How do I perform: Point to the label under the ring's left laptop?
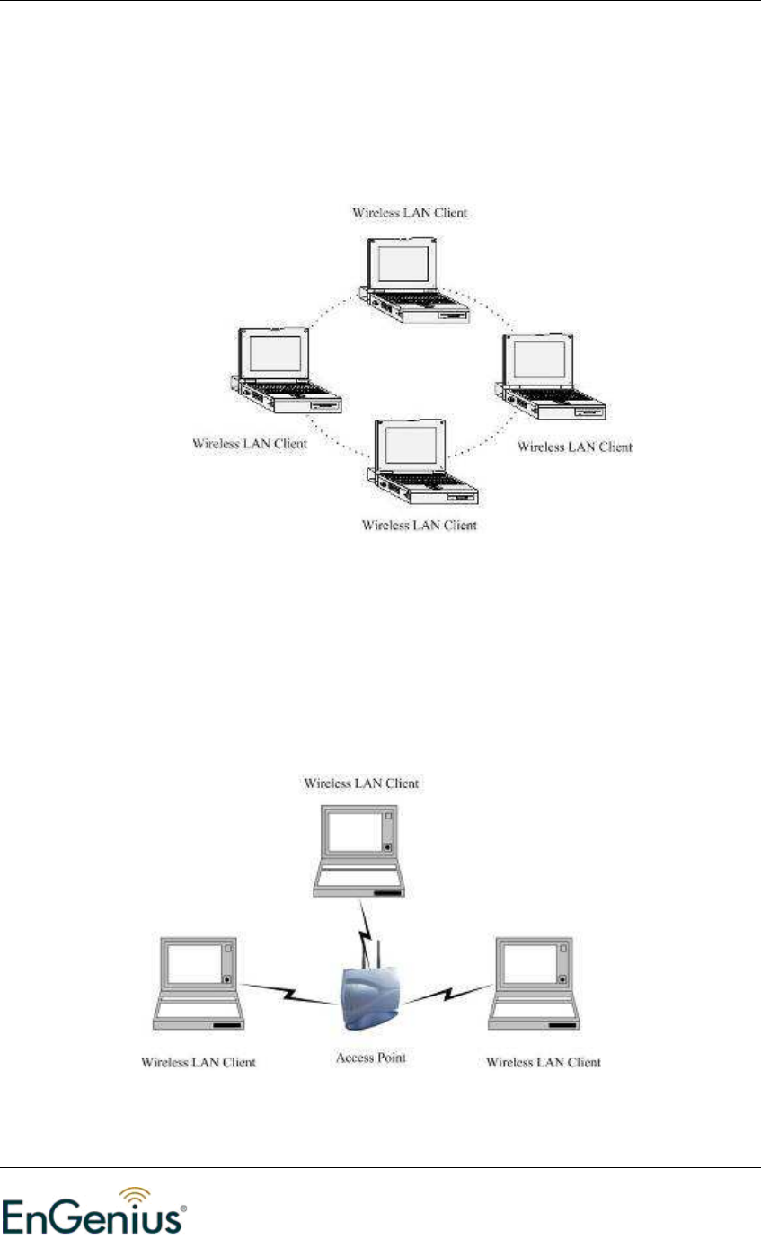click(x=250, y=444)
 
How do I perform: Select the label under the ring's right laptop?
click(x=575, y=447)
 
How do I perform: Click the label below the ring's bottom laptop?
click(x=419, y=524)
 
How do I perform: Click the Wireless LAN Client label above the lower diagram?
click(x=360, y=783)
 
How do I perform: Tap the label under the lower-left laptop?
click(x=199, y=1062)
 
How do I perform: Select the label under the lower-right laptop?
click(x=543, y=1062)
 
